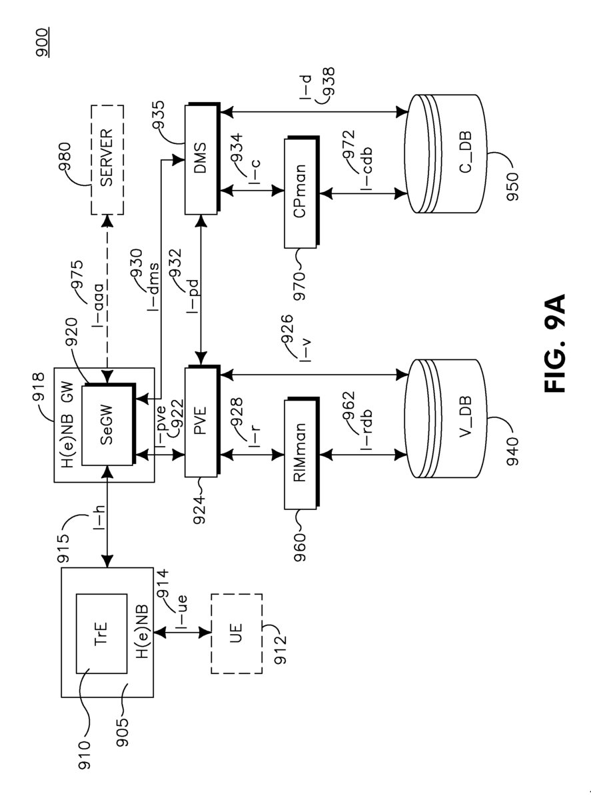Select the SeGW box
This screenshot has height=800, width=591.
click(x=107, y=425)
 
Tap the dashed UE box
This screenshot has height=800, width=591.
click(x=237, y=629)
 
